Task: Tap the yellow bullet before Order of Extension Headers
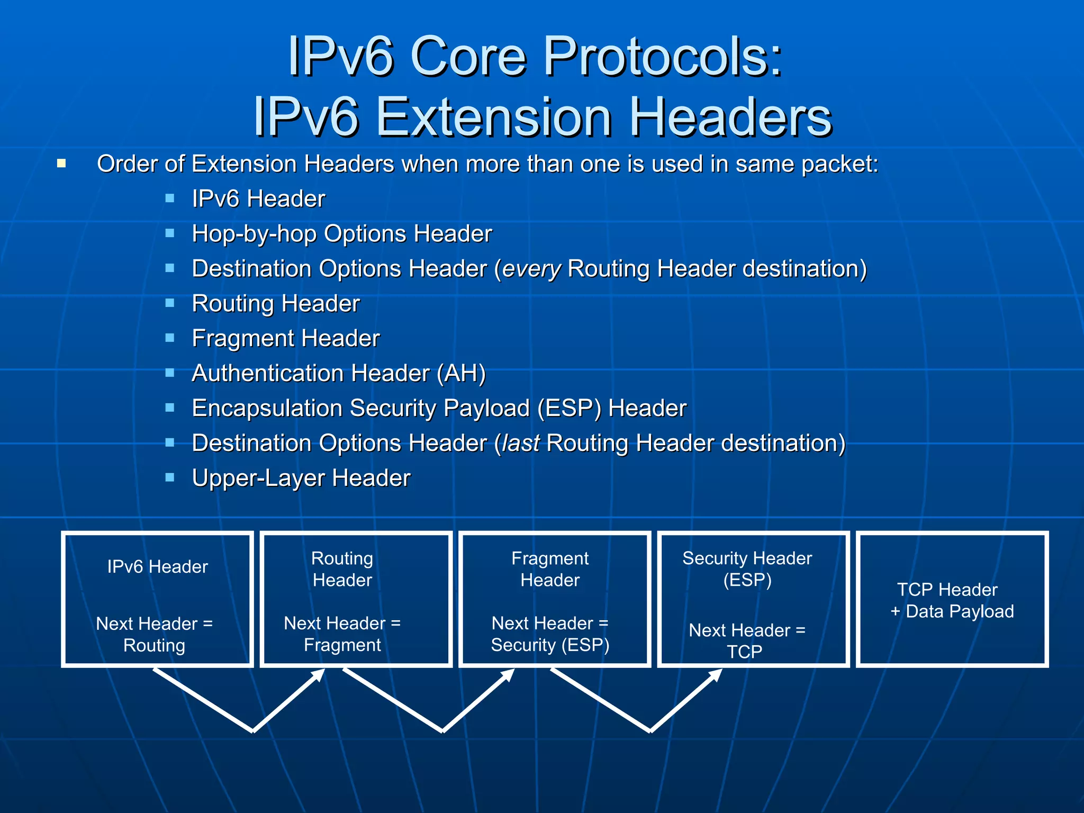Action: [x=61, y=164]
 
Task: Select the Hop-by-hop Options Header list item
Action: [x=341, y=234]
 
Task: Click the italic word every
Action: [x=531, y=269]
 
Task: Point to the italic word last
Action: [x=521, y=444]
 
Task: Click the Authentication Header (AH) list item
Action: [x=339, y=374]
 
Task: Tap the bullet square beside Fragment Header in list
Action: [x=170, y=338]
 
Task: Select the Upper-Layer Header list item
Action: [x=301, y=478]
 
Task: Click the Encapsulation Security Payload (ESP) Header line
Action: [x=439, y=409]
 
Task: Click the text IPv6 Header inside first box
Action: [x=157, y=567]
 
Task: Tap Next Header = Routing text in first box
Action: [x=154, y=634]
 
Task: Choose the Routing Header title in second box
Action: [x=342, y=569]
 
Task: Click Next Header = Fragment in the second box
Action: [x=342, y=634]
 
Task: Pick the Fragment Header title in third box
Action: [x=550, y=569]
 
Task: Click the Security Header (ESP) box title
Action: [x=747, y=569]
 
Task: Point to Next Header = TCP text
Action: [x=746, y=640]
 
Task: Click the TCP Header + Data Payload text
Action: [x=952, y=600]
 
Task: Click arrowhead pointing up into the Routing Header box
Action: [x=319, y=674]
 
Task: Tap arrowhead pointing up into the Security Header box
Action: [x=717, y=674]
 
